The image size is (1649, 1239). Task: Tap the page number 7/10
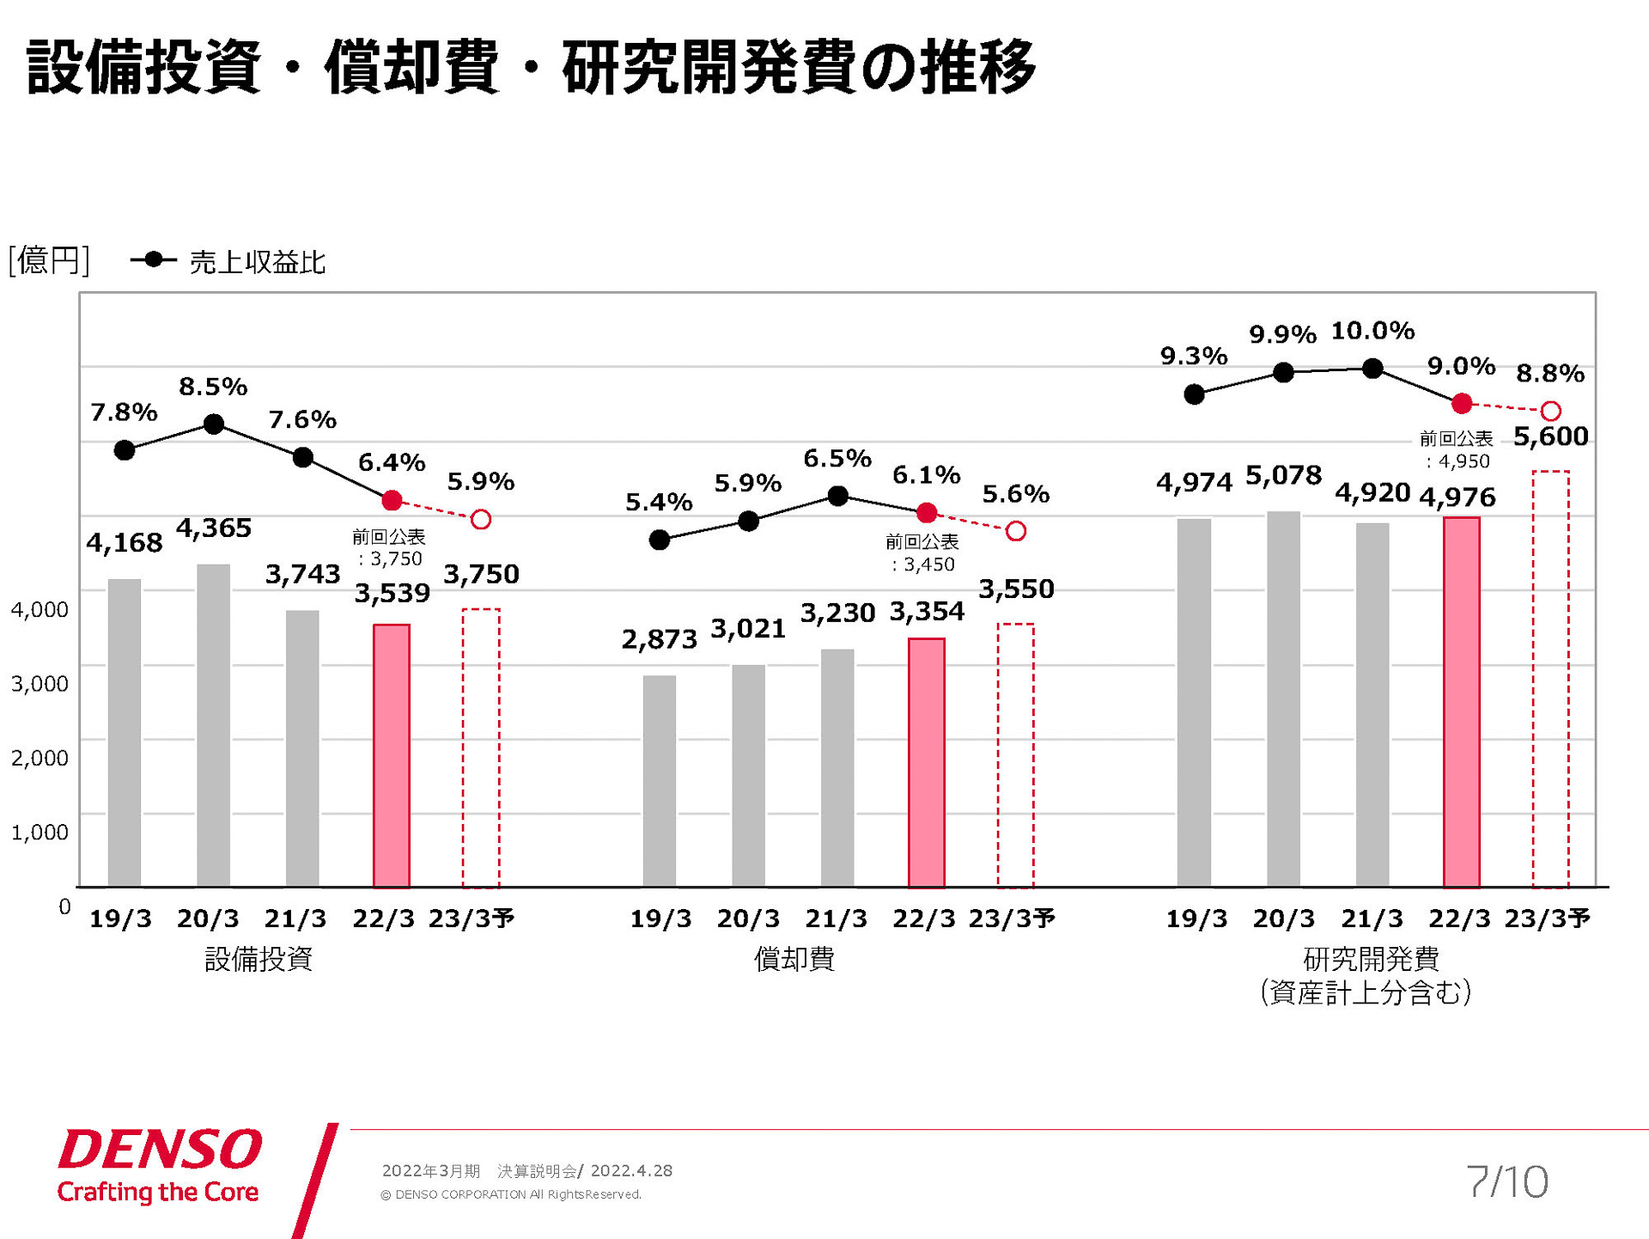[1507, 1181]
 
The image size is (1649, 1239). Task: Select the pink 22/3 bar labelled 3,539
[392, 755]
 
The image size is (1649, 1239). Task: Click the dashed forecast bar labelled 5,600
[1550, 679]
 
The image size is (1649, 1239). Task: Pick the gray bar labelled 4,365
[213, 725]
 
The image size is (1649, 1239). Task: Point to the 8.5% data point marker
[214, 424]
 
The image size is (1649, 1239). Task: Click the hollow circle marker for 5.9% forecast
[481, 519]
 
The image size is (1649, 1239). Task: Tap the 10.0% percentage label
[1372, 331]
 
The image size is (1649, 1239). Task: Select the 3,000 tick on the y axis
[40, 684]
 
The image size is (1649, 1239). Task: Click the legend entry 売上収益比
[256, 262]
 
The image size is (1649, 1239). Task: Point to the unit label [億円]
[48, 260]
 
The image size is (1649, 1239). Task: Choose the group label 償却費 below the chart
[794, 958]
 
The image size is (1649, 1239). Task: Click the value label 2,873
[659, 639]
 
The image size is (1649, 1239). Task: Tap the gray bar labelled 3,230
[837, 767]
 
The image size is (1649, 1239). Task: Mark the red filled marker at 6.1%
[927, 513]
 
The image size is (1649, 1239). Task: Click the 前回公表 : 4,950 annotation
[1457, 450]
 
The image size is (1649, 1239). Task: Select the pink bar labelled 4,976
[1461, 701]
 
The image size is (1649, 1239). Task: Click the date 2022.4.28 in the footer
[631, 1170]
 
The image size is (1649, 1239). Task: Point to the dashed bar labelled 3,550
[1015, 755]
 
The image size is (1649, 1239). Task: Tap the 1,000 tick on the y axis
[40, 832]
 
